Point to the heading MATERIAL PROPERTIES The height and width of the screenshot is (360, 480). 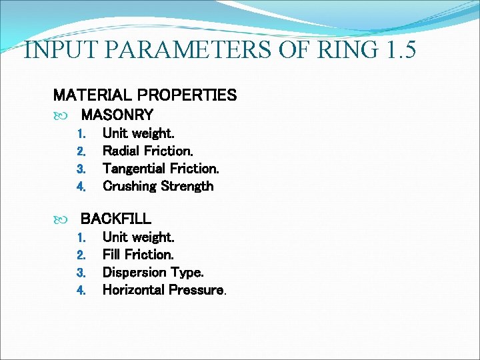click(145, 95)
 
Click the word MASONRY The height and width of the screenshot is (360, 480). click(117, 115)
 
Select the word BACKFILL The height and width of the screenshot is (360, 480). click(115, 218)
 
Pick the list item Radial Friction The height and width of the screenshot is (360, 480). click(148, 151)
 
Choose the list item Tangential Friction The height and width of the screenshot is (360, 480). click(161, 169)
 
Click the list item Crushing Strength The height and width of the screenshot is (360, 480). click(158, 186)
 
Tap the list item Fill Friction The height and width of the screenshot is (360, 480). click(138, 254)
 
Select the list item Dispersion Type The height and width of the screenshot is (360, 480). click(153, 272)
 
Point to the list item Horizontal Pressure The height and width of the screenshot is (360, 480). click(164, 289)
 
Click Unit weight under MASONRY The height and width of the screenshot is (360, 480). click(138, 133)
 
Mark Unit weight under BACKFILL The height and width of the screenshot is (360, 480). click(138, 237)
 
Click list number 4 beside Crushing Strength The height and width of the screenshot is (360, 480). click(81, 187)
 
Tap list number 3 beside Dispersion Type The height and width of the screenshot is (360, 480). click(81, 273)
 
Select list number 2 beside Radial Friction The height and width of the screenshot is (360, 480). click(81, 151)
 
